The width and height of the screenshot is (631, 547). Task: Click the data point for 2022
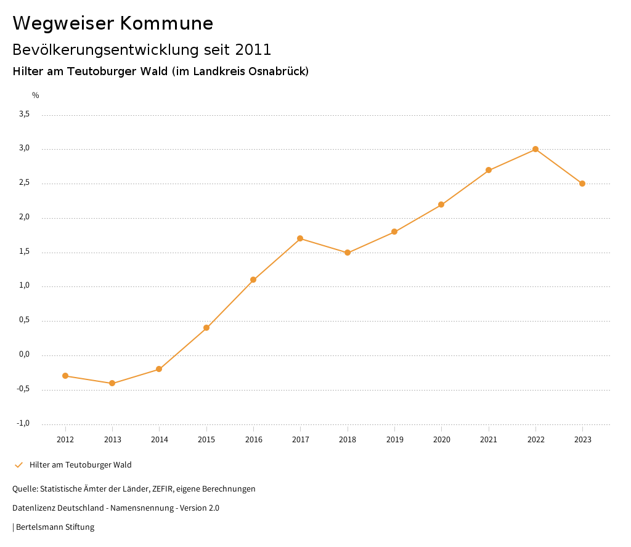[x=535, y=149]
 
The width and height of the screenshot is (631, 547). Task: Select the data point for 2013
[x=112, y=383]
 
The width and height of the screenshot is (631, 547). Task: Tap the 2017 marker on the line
[x=300, y=238]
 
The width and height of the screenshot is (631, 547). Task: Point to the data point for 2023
[x=582, y=184]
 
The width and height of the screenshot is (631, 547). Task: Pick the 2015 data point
[x=206, y=328]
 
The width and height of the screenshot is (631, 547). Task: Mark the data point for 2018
[x=348, y=253]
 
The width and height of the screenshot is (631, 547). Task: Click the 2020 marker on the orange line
[x=441, y=205]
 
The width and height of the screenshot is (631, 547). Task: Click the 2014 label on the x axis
[x=160, y=440]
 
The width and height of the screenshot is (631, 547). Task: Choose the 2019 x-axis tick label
[x=394, y=440]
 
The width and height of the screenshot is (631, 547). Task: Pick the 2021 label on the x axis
[x=489, y=440]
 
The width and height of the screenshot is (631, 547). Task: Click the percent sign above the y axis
[x=36, y=95]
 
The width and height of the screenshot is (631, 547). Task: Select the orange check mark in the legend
[x=18, y=465]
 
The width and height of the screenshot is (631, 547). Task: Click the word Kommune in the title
[x=166, y=23]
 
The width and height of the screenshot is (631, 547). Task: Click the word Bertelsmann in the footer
[x=39, y=527]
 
